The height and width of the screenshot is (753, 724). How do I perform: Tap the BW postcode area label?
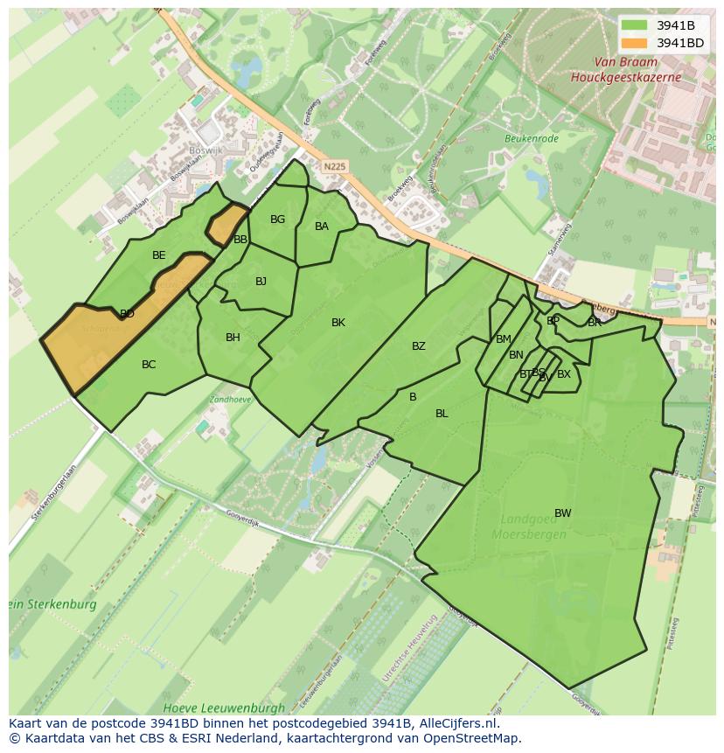pos(562,513)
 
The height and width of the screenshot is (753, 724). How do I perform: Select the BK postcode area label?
pos(338,323)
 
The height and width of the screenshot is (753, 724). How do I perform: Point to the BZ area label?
pos(419,346)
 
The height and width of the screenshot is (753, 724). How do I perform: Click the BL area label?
pos(442,414)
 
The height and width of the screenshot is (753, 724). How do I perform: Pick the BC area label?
pos(149,365)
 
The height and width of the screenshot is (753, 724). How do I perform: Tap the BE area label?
pos(158,255)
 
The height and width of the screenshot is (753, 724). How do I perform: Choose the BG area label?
pos(277,220)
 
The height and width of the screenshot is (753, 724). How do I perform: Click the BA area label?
pos(322,227)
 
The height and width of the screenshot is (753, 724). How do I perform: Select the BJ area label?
pos(261,282)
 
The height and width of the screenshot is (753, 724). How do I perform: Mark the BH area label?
pos(233,338)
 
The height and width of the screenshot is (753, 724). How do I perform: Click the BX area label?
pos(564,374)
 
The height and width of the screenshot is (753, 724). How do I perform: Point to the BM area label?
pos(503,339)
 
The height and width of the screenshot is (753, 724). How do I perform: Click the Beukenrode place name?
pos(531,138)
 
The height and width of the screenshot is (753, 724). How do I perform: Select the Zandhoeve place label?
pos(230,399)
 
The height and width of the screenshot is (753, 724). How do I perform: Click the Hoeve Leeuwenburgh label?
pos(224,707)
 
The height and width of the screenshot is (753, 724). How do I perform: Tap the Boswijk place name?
pos(206,150)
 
